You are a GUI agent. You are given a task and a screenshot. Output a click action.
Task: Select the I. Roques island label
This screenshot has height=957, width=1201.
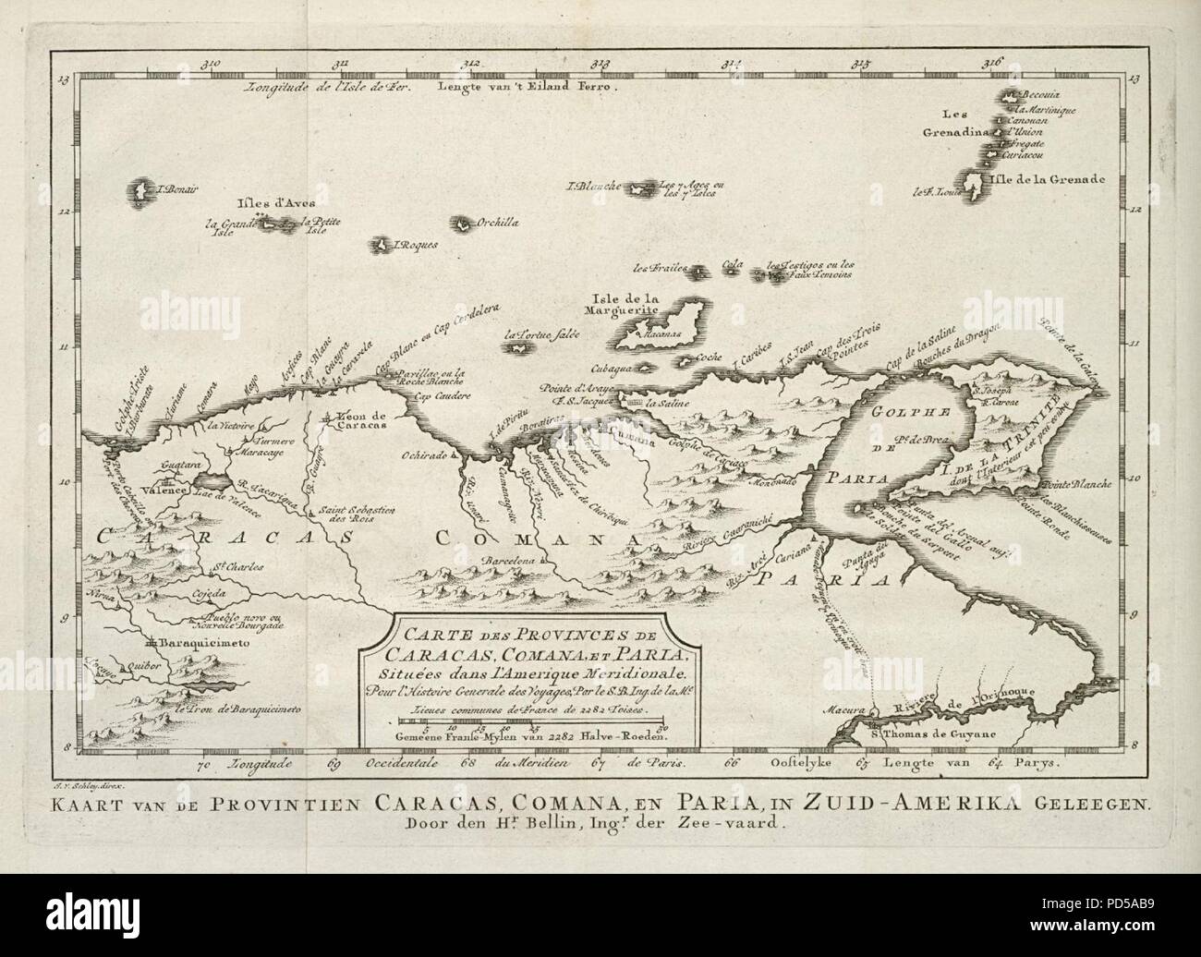413,246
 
